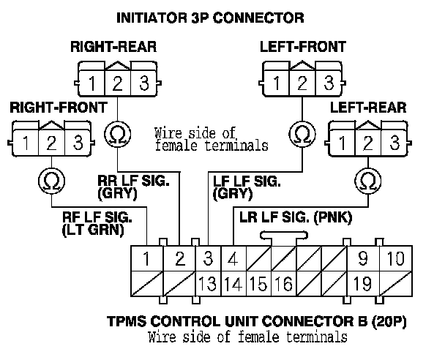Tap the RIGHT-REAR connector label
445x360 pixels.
tap(113, 48)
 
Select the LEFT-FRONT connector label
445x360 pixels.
tap(302, 48)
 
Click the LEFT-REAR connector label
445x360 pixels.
tap(369, 108)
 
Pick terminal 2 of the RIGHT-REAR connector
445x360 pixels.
tap(117, 82)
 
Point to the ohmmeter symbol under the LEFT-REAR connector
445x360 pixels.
tap(369, 180)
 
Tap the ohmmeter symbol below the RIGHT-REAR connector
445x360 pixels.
tap(117, 134)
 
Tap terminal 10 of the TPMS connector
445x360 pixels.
tap(394, 258)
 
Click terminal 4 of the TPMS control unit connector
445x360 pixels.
tap(233, 258)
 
